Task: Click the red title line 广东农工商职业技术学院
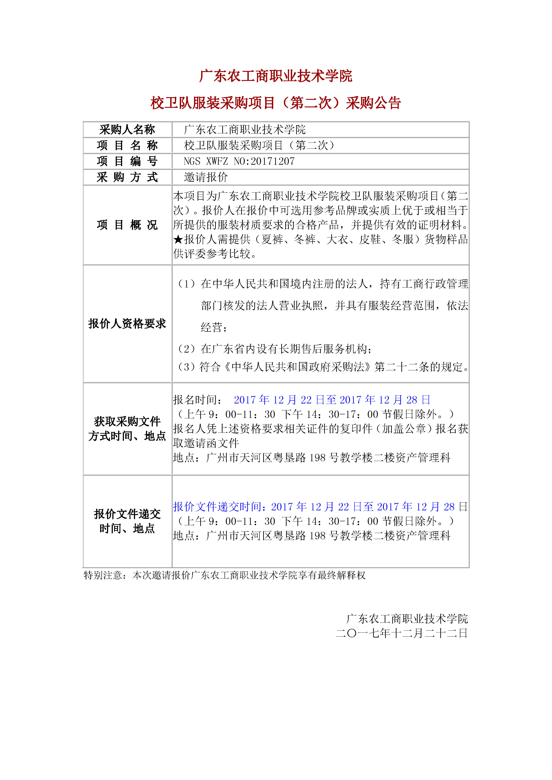pos(275,76)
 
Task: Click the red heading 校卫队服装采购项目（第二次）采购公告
pos(275,103)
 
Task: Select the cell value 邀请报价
pos(206,177)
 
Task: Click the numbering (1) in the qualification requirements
pos(186,284)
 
